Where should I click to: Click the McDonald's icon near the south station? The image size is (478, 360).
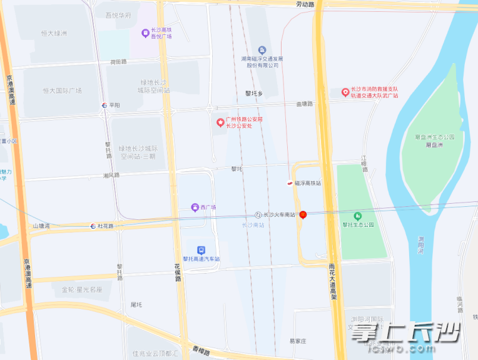pyautogui.click(x=303, y=214)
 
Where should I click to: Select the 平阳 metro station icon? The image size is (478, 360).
pyautogui.click(x=104, y=105)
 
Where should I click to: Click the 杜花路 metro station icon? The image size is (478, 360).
pyautogui.click(x=93, y=226)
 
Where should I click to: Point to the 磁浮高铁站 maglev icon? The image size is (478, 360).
pyautogui.click(x=290, y=183)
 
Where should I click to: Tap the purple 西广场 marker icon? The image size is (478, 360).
pyautogui.click(x=195, y=207)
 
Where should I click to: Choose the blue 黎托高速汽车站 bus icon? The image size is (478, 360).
pyautogui.click(x=200, y=249)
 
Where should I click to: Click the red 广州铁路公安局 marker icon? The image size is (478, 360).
pyautogui.click(x=220, y=122)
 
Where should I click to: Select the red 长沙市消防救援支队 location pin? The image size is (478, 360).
pyautogui.click(x=345, y=92)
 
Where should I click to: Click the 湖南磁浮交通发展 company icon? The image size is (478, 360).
pyautogui.click(x=262, y=50)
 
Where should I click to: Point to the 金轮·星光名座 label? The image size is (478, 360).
pyautogui.click(x=81, y=290)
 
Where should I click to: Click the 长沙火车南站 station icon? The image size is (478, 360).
pyautogui.click(x=258, y=214)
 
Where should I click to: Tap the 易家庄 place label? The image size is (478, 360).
pyautogui.click(x=297, y=341)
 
